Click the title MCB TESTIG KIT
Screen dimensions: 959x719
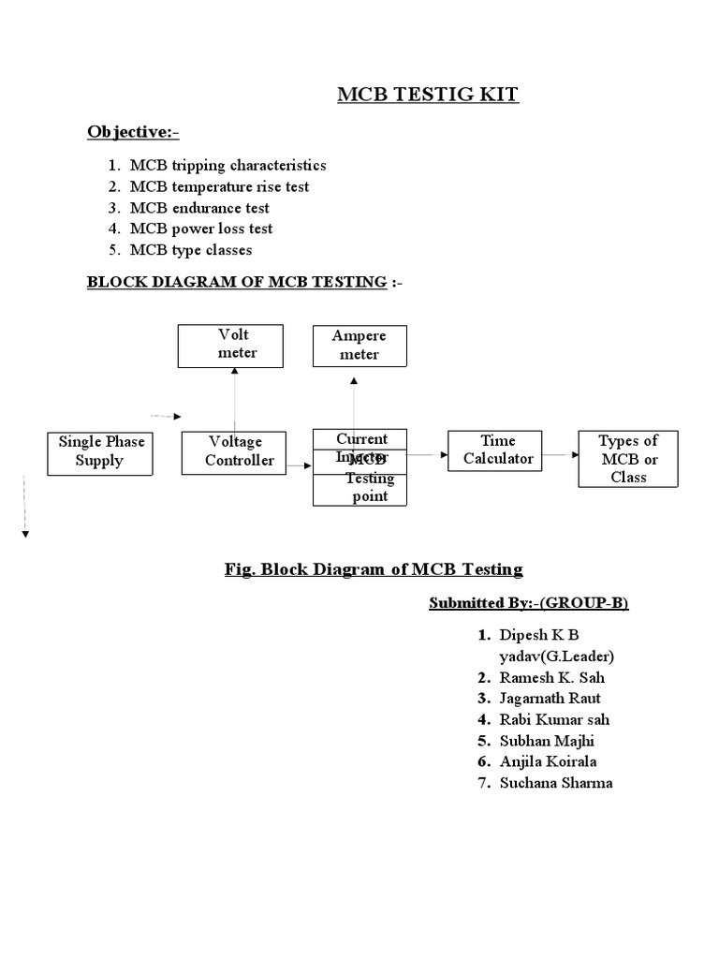[x=427, y=95]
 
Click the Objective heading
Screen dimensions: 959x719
[x=133, y=132]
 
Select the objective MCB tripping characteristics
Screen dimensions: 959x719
[x=227, y=165]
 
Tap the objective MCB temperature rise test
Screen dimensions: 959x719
[x=219, y=186]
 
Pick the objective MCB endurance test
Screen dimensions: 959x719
[x=199, y=208]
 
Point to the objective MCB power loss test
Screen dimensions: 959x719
[x=201, y=229]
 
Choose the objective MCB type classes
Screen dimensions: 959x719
[x=191, y=250]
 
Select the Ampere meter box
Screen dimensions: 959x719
[x=359, y=345]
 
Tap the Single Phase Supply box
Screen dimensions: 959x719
[x=99, y=451]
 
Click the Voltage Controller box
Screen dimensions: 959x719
[x=237, y=451]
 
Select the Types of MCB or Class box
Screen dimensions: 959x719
[x=627, y=458]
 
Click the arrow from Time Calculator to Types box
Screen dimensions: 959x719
[x=560, y=455]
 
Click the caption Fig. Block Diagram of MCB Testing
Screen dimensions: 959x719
[x=374, y=568]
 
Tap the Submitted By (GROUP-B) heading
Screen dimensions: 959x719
[x=529, y=603]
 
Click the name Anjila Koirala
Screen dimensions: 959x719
[x=548, y=761]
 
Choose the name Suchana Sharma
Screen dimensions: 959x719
[x=555, y=783]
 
